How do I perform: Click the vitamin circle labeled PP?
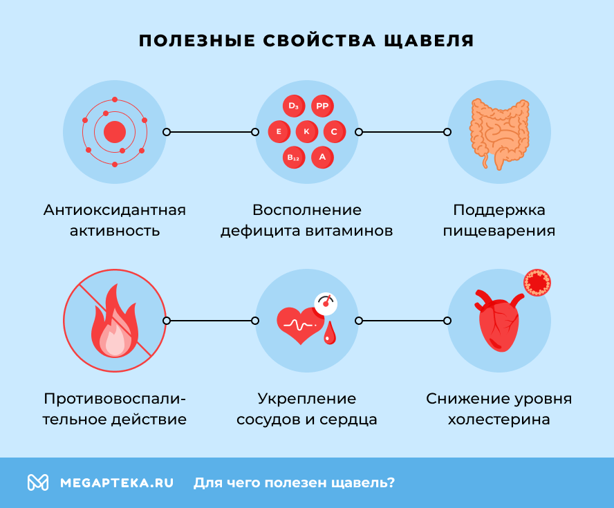click(x=322, y=106)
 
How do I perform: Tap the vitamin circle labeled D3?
click(x=294, y=106)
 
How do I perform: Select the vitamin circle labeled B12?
click(x=294, y=157)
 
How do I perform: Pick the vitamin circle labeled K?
click(x=307, y=131)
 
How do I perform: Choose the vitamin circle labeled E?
click(x=279, y=131)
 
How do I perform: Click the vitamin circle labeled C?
click(x=334, y=131)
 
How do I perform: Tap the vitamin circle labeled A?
click(x=322, y=157)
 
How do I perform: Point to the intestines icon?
click(x=499, y=132)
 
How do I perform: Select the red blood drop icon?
click(x=330, y=333)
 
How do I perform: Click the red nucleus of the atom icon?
click(x=115, y=131)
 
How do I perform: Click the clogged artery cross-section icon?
click(x=537, y=282)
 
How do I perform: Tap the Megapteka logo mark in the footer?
click(x=38, y=482)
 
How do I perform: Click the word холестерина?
click(x=499, y=420)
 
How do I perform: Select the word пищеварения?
click(x=499, y=230)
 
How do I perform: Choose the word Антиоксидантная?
click(x=115, y=209)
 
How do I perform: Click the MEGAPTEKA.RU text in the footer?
click(x=117, y=482)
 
